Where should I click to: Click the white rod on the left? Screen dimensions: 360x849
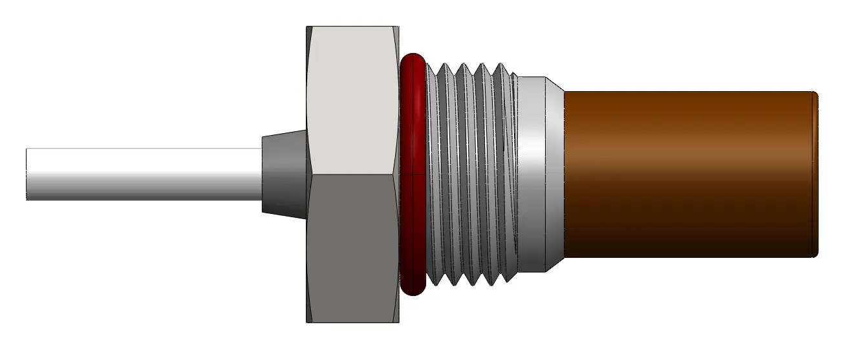pyautogui.click(x=142, y=174)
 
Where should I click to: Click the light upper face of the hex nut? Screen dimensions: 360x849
pyautogui.click(x=352, y=100)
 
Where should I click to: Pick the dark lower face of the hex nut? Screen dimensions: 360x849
pyautogui.click(x=352, y=249)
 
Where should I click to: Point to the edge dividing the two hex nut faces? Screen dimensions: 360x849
pyautogui.click(x=352, y=175)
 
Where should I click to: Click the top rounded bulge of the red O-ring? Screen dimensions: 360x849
pyautogui.click(x=413, y=61)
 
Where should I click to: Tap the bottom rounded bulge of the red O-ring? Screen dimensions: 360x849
pyautogui.click(x=413, y=288)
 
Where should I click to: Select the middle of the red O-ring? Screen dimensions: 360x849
pyautogui.click(x=413, y=175)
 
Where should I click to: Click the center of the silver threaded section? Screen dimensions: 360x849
pyautogui.click(x=472, y=175)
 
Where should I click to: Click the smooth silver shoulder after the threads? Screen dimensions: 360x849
pyautogui.click(x=533, y=175)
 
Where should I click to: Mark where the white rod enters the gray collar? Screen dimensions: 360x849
pyautogui.click(x=262, y=174)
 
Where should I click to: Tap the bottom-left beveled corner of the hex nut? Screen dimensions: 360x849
pyautogui.click(x=308, y=317)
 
